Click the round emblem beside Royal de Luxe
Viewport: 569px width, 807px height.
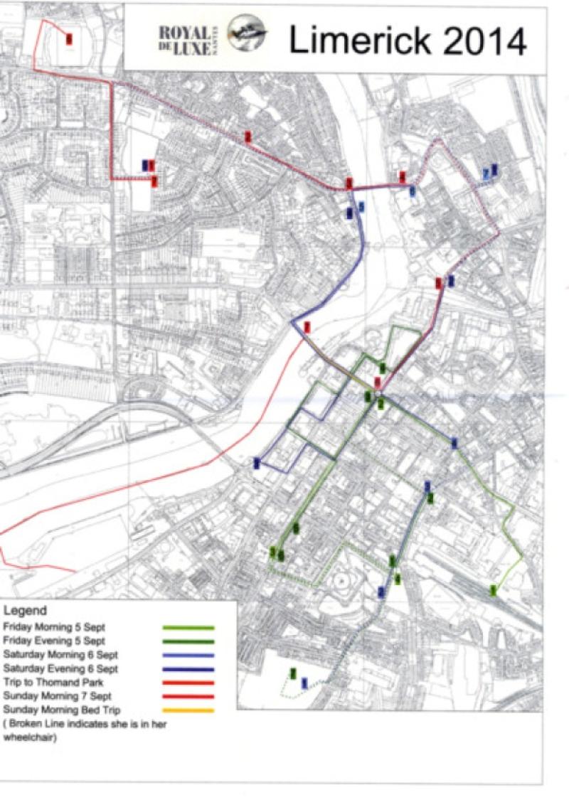246,36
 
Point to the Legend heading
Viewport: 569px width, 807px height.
25,611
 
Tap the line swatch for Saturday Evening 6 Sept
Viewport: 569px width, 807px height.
188,669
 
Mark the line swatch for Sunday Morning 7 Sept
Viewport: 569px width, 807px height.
188,697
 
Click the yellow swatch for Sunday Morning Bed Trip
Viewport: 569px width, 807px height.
188,710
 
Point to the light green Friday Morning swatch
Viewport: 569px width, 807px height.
188,628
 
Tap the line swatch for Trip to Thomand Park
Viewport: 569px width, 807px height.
188,683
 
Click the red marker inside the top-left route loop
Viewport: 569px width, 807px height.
68,39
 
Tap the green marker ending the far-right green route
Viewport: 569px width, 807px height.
493,589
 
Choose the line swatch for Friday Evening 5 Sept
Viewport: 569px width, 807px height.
188,641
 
